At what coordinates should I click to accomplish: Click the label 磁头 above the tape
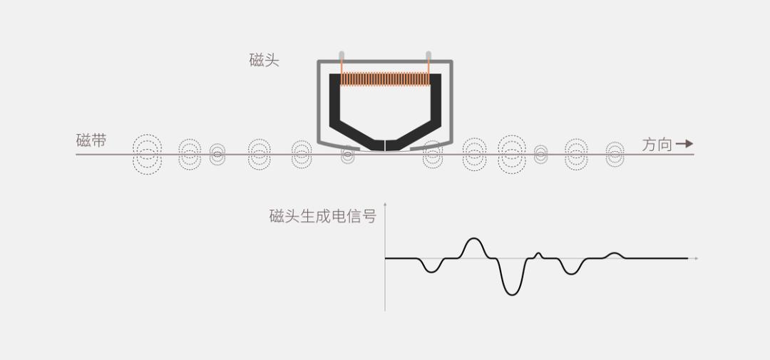[x=265, y=61]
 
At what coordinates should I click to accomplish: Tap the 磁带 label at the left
[x=91, y=140]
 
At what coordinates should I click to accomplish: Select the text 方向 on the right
[x=657, y=145]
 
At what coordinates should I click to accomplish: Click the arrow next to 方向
[x=684, y=144]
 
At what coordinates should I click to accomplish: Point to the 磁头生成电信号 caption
[x=323, y=216]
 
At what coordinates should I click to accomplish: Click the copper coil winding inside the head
[x=385, y=78]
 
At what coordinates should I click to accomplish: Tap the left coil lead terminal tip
[x=342, y=54]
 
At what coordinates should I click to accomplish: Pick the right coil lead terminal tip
[x=428, y=54]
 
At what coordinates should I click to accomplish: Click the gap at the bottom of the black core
[x=385, y=145]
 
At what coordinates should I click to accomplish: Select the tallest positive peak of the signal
[x=473, y=240]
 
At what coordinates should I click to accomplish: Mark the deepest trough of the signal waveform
[x=512, y=294]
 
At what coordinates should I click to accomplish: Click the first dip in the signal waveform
[x=430, y=272]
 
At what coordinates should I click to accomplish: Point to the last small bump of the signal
[x=614, y=254]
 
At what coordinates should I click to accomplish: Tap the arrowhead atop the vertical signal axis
[x=385, y=203]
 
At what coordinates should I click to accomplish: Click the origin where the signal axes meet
[x=385, y=258]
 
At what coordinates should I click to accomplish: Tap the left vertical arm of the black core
[x=334, y=99]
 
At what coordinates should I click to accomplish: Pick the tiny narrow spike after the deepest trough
[x=538, y=254]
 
